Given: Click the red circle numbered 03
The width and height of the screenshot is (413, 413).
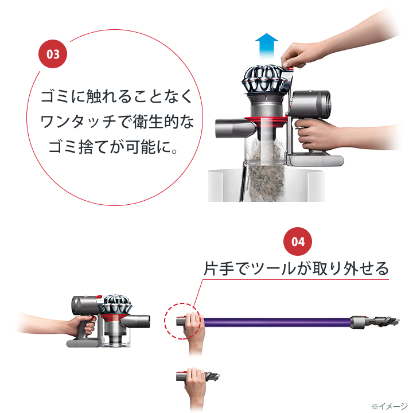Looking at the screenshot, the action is coord(53,54).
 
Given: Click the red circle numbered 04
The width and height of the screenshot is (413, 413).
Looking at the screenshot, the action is coord(298,241).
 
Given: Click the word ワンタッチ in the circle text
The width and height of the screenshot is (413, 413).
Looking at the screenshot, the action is coord(78,122).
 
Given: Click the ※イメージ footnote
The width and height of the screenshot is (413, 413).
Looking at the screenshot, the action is coord(389,406).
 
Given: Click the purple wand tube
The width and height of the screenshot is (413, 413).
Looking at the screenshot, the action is coord(277,322).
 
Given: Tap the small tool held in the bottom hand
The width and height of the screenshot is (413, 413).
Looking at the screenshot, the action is coord(198,376).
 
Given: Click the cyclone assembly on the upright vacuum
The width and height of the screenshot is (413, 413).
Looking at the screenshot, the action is coord(264,79).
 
